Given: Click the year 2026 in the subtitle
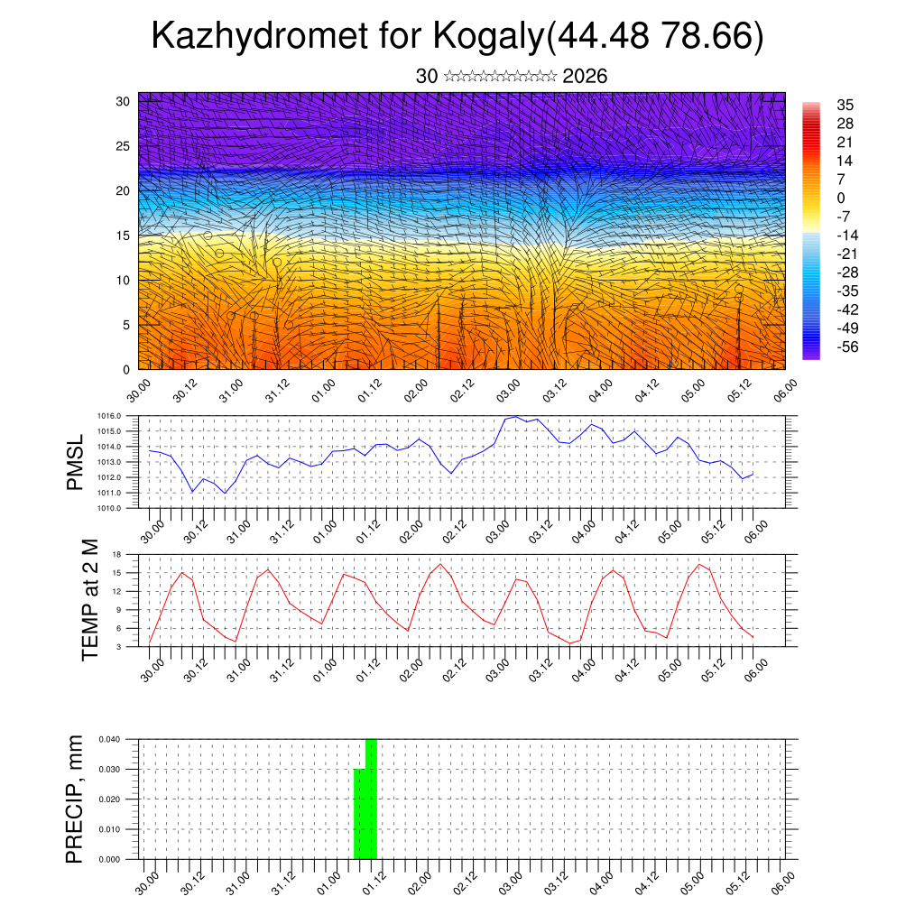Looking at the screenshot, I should point(585,77).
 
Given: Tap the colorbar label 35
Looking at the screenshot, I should point(845,105).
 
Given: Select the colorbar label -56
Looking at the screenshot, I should point(848,346).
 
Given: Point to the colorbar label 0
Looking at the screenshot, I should point(841,198).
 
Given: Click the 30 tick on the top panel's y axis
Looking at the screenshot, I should point(123,101).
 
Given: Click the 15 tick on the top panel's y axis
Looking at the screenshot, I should point(123,236).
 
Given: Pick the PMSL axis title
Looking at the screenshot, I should point(75,461).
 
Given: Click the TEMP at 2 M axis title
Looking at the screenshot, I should point(89,599).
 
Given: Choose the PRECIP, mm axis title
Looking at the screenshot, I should point(75,799).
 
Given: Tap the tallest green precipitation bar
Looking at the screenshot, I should point(371,799).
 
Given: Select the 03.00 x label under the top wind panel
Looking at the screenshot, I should point(508,390).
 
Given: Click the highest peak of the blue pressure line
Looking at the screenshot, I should point(516,417).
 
